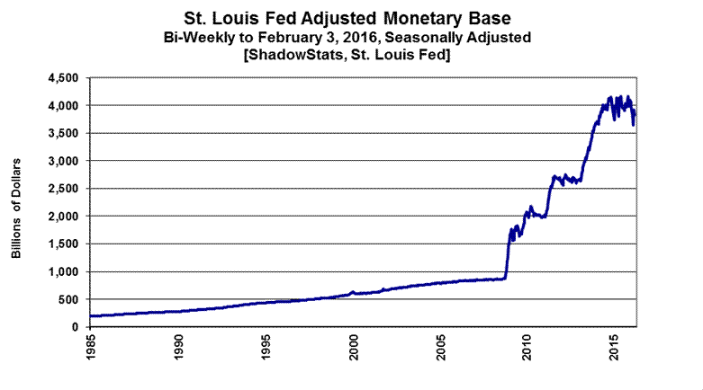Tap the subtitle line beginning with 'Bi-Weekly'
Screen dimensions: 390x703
(351, 37)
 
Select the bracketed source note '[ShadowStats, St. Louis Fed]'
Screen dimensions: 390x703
(351, 57)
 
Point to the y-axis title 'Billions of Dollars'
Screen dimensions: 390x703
(16, 208)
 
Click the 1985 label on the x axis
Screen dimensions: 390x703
(91, 347)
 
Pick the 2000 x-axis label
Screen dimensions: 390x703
(354, 347)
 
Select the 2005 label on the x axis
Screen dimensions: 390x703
(441, 347)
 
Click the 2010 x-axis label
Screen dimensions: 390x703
(528, 347)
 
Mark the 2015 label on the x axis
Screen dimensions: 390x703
(616, 347)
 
